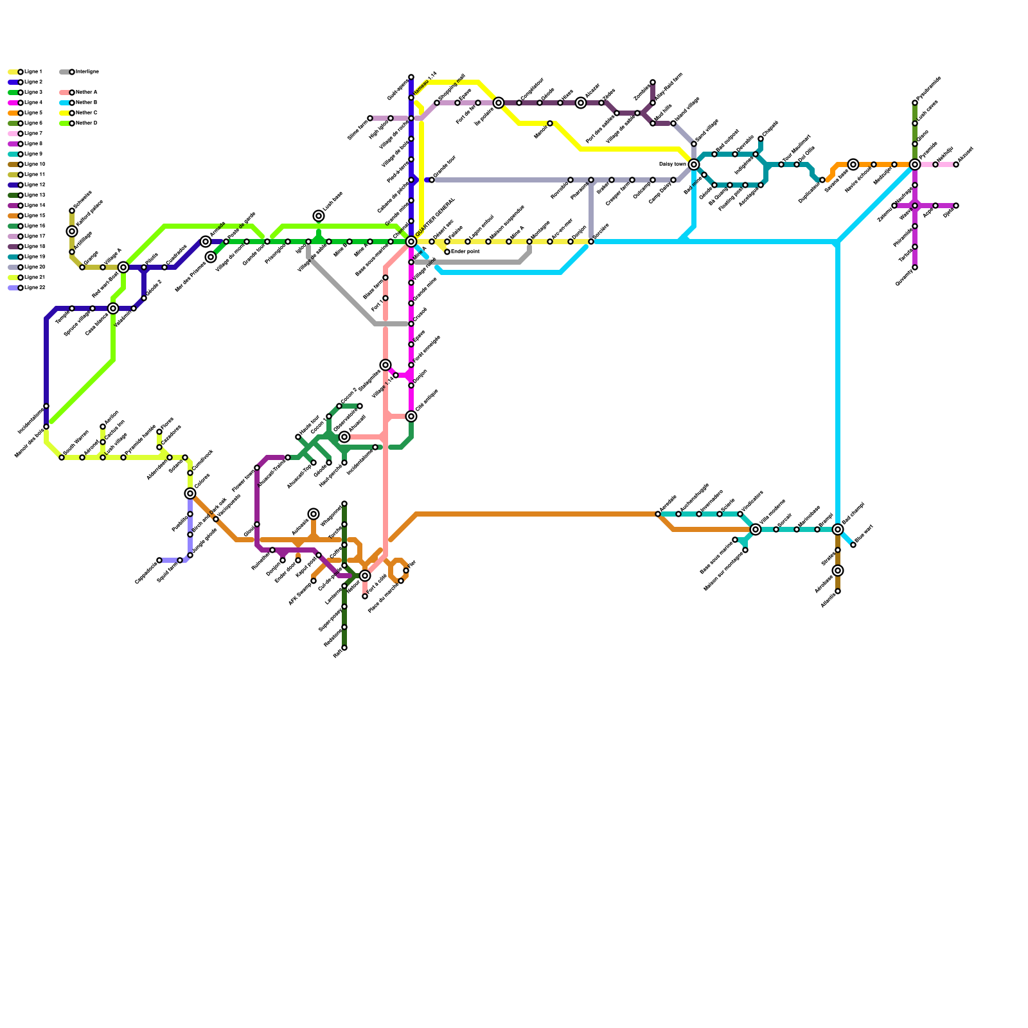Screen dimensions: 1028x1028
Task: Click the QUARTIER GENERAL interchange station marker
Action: [x=411, y=242]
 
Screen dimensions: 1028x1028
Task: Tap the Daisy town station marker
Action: [x=694, y=164]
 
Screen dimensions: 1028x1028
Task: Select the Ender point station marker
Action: [x=447, y=252]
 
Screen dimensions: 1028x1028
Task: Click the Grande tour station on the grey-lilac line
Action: [x=432, y=180]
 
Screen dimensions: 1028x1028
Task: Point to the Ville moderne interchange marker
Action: [x=756, y=529]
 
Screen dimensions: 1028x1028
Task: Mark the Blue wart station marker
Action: [x=853, y=545]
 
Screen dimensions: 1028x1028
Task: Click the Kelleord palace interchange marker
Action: [x=72, y=231]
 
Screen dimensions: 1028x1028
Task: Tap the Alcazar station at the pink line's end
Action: [x=956, y=164]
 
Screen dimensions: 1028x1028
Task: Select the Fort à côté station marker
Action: [x=365, y=596]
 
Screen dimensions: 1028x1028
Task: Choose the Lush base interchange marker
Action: [x=319, y=216]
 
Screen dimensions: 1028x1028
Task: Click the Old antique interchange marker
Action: [x=411, y=416]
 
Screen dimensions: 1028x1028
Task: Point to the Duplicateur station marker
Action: [x=822, y=180]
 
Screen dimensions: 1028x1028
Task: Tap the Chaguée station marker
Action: [x=761, y=139]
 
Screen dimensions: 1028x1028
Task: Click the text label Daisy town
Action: [x=673, y=164]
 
